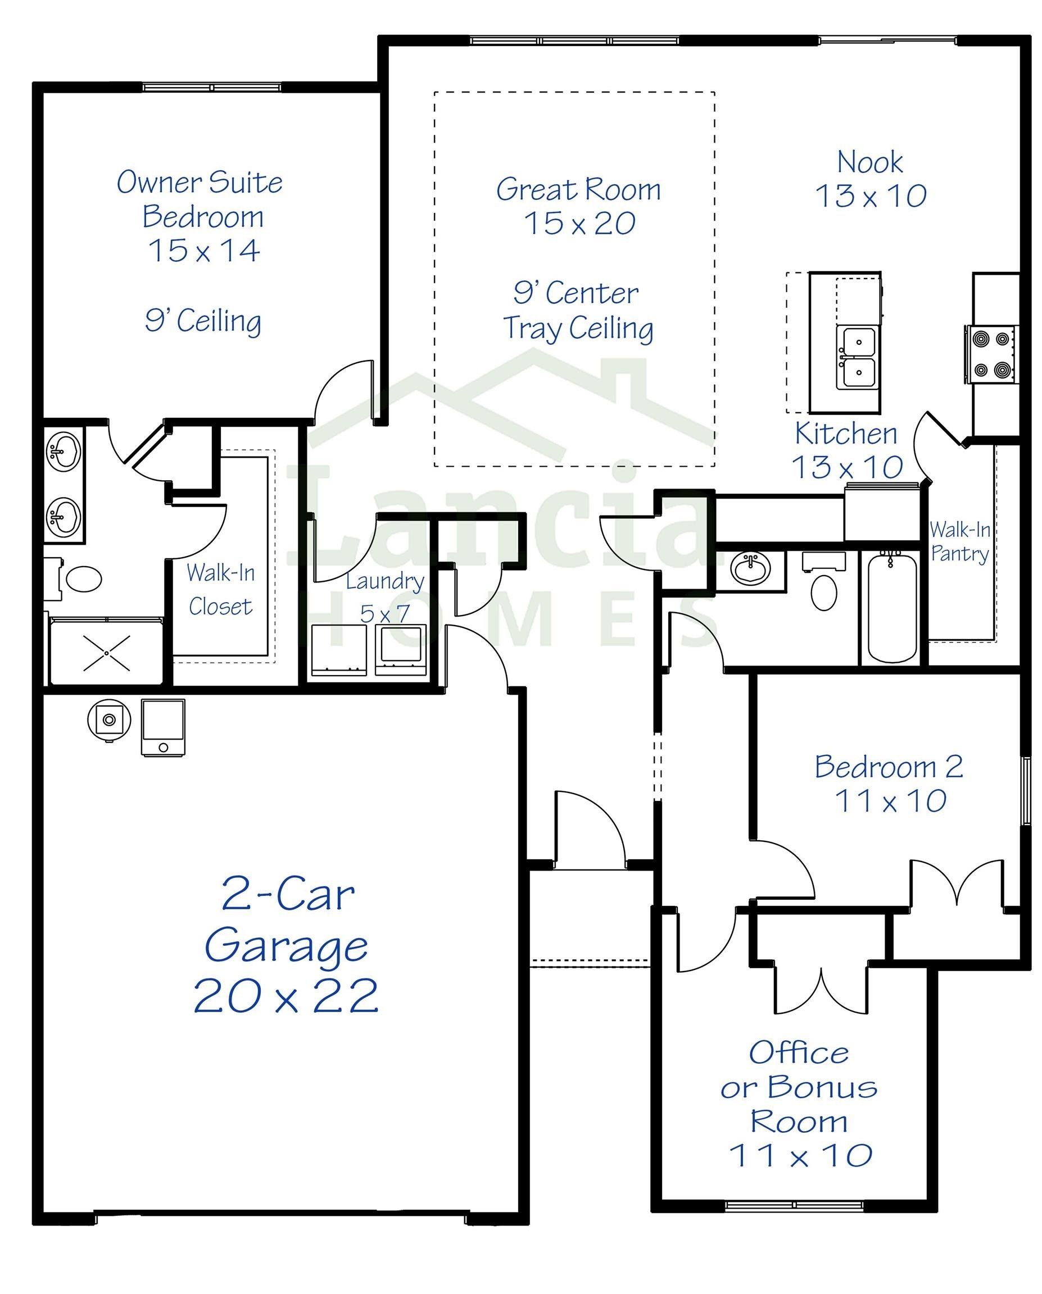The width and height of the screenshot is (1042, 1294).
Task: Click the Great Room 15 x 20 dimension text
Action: click(579, 224)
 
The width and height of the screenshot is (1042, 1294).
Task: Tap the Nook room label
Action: click(869, 163)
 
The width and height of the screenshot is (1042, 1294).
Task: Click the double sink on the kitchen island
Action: click(858, 357)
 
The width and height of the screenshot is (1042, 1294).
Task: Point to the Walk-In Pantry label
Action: click(959, 542)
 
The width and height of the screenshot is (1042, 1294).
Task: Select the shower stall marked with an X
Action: click(106, 653)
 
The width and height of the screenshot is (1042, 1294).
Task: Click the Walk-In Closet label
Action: click(220, 589)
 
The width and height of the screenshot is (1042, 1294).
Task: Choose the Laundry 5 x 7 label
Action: click(385, 597)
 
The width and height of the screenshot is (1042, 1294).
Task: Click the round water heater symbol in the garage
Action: click(108, 719)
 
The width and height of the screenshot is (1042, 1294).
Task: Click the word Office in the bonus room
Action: click(799, 1053)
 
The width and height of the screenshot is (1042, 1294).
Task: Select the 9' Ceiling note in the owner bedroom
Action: click(203, 321)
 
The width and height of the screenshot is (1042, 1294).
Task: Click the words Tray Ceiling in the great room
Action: click(578, 329)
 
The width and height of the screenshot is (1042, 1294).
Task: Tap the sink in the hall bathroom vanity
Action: click(750, 567)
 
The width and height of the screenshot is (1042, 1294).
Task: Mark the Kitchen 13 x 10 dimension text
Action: click(847, 467)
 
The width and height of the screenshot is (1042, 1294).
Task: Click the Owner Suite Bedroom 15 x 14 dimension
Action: click(204, 251)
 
